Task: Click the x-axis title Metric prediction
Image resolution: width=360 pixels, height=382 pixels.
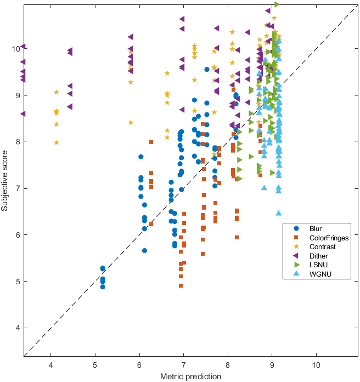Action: [190, 377]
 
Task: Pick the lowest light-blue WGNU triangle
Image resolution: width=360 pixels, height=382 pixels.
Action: [279, 213]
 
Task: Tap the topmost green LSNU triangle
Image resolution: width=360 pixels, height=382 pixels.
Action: [277, 4]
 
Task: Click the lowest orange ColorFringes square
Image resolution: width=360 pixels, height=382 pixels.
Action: [181, 286]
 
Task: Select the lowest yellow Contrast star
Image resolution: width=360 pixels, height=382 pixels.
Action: [57, 143]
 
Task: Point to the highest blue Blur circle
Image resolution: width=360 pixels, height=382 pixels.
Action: [207, 69]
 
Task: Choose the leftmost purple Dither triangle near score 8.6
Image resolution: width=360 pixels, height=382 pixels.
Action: [22, 114]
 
